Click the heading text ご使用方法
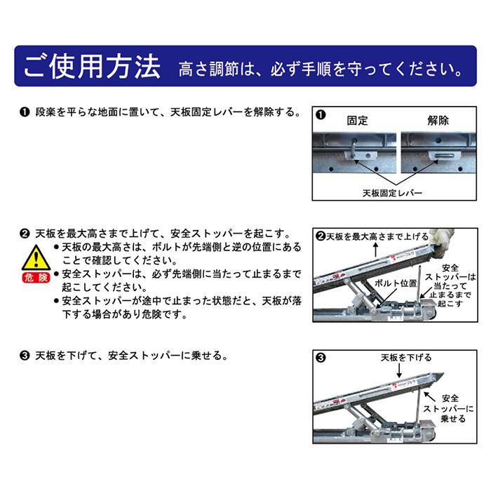tap(92, 66)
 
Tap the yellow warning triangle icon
tap(36, 257)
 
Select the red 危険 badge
tap(36, 278)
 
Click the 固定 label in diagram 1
tap(357, 121)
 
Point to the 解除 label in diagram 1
tap(438, 121)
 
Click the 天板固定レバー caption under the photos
tap(392, 193)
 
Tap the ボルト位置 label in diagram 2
tap(396, 283)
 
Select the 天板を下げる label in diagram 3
tap(406, 357)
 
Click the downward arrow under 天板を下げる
tap(399, 371)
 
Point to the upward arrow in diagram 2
tap(376, 250)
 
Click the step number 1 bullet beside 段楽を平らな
tap(25, 112)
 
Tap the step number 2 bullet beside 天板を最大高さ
tap(25, 234)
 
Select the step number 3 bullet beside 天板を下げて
tap(25, 356)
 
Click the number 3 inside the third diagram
tap(321, 358)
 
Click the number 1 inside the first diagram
tap(321, 115)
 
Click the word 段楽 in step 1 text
tap(46, 112)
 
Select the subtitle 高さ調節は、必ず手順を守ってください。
tap(321, 69)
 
